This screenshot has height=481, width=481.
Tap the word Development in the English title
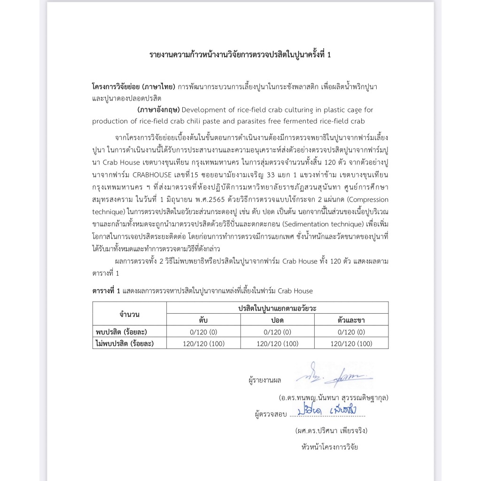(202, 110)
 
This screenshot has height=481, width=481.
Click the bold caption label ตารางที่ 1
(106, 291)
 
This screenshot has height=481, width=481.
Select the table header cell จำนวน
(130, 314)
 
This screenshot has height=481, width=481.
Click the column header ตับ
(203, 320)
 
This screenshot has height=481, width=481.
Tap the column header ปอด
(277, 320)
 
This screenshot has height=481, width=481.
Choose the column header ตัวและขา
(351, 320)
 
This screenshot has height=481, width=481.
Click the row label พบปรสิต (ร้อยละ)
(124, 332)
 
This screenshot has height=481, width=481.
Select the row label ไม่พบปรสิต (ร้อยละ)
(124, 343)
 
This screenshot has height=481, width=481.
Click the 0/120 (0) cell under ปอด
(277, 332)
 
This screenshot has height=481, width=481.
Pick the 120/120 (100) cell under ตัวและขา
(351, 343)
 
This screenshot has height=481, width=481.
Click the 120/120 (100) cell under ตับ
(203, 343)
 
